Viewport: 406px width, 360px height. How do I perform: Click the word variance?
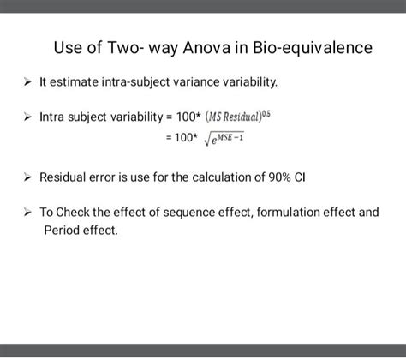(x=206, y=83)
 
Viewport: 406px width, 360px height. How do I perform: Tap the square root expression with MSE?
(x=221, y=136)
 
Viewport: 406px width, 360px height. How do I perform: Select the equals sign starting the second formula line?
(x=156, y=137)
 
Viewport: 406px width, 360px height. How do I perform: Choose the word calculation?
(x=197, y=177)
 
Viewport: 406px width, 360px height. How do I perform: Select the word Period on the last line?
(x=60, y=230)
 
